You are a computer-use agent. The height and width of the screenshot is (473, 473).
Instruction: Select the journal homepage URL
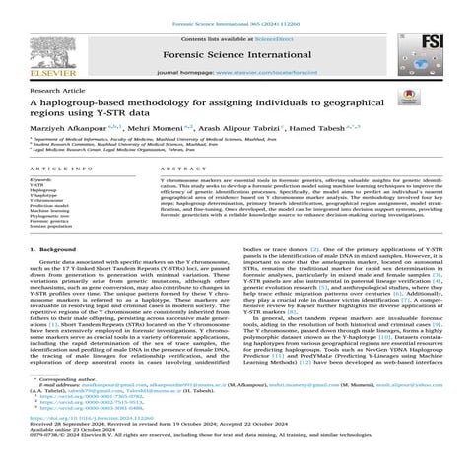(x=301, y=74)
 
